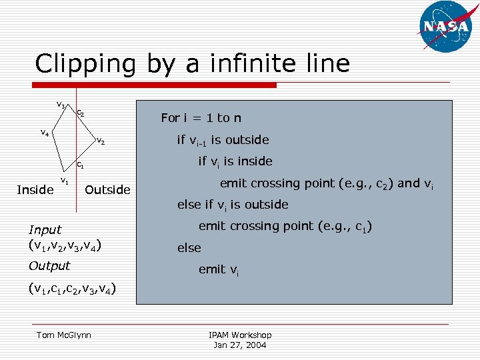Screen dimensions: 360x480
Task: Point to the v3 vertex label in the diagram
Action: (x=60, y=105)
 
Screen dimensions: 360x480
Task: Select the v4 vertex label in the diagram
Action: (x=44, y=133)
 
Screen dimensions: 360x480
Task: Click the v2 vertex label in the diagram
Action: (x=101, y=141)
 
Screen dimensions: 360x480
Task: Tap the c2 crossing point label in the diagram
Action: (x=80, y=113)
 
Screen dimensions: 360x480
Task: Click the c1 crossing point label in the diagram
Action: (x=79, y=164)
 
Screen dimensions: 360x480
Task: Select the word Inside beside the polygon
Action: (x=35, y=190)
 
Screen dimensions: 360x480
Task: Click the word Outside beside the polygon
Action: (x=108, y=190)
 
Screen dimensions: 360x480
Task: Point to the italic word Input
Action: (x=45, y=230)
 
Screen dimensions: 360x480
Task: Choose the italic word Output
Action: (x=49, y=266)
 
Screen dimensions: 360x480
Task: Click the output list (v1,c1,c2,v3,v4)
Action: (x=72, y=289)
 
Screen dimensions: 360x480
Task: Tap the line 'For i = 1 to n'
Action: (x=201, y=118)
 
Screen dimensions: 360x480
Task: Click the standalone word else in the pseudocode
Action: (x=189, y=248)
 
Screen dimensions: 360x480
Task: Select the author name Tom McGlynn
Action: (x=64, y=335)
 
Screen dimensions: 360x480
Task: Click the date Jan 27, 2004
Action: (x=240, y=345)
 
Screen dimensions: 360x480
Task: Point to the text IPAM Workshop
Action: (x=240, y=335)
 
